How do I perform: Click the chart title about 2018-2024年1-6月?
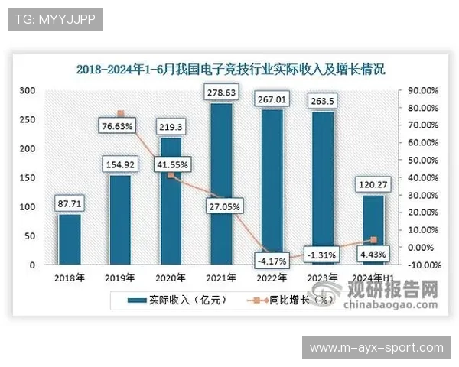click(x=230, y=69)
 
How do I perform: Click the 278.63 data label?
click(x=220, y=93)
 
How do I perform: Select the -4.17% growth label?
click(x=272, y=261)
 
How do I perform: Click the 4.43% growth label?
click(x=372, y=254)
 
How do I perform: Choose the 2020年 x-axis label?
click(x=171, y=278)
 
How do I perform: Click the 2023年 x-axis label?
click(x=321, y=278)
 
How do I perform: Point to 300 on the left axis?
click(x=27, y=90)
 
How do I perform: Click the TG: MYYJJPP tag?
click(x=54, y=19)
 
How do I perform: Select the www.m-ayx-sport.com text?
click(x=376, y=349)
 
